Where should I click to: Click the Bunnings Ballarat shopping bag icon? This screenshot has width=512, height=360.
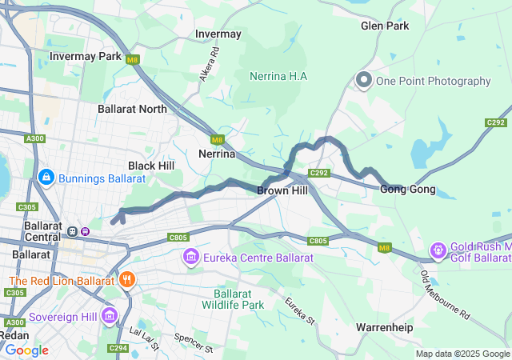click(x=46, y=175)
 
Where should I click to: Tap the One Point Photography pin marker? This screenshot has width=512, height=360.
click(x=364, y=81)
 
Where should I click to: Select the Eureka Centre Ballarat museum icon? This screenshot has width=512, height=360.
click(x=190, y=258)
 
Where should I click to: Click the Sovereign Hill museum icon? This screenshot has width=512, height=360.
click(x=110, y=317)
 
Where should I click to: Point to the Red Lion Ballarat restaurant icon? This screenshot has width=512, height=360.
click(x=126, y=280)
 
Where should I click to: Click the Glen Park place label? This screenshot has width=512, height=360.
click(x=385, y=26)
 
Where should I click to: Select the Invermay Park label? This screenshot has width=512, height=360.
click(x=86, y=57)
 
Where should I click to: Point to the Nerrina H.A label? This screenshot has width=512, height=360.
click(x=278, y=76)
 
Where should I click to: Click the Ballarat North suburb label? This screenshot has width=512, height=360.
click(x=132, y=109)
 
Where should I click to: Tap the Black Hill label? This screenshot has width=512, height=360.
click(x=150, y=165)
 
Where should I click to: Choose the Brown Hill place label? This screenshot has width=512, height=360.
click(x=282, y=190)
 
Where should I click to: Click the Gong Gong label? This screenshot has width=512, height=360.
click(x=407, y=190)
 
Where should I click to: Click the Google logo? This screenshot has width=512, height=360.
click(x=26, y=350)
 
